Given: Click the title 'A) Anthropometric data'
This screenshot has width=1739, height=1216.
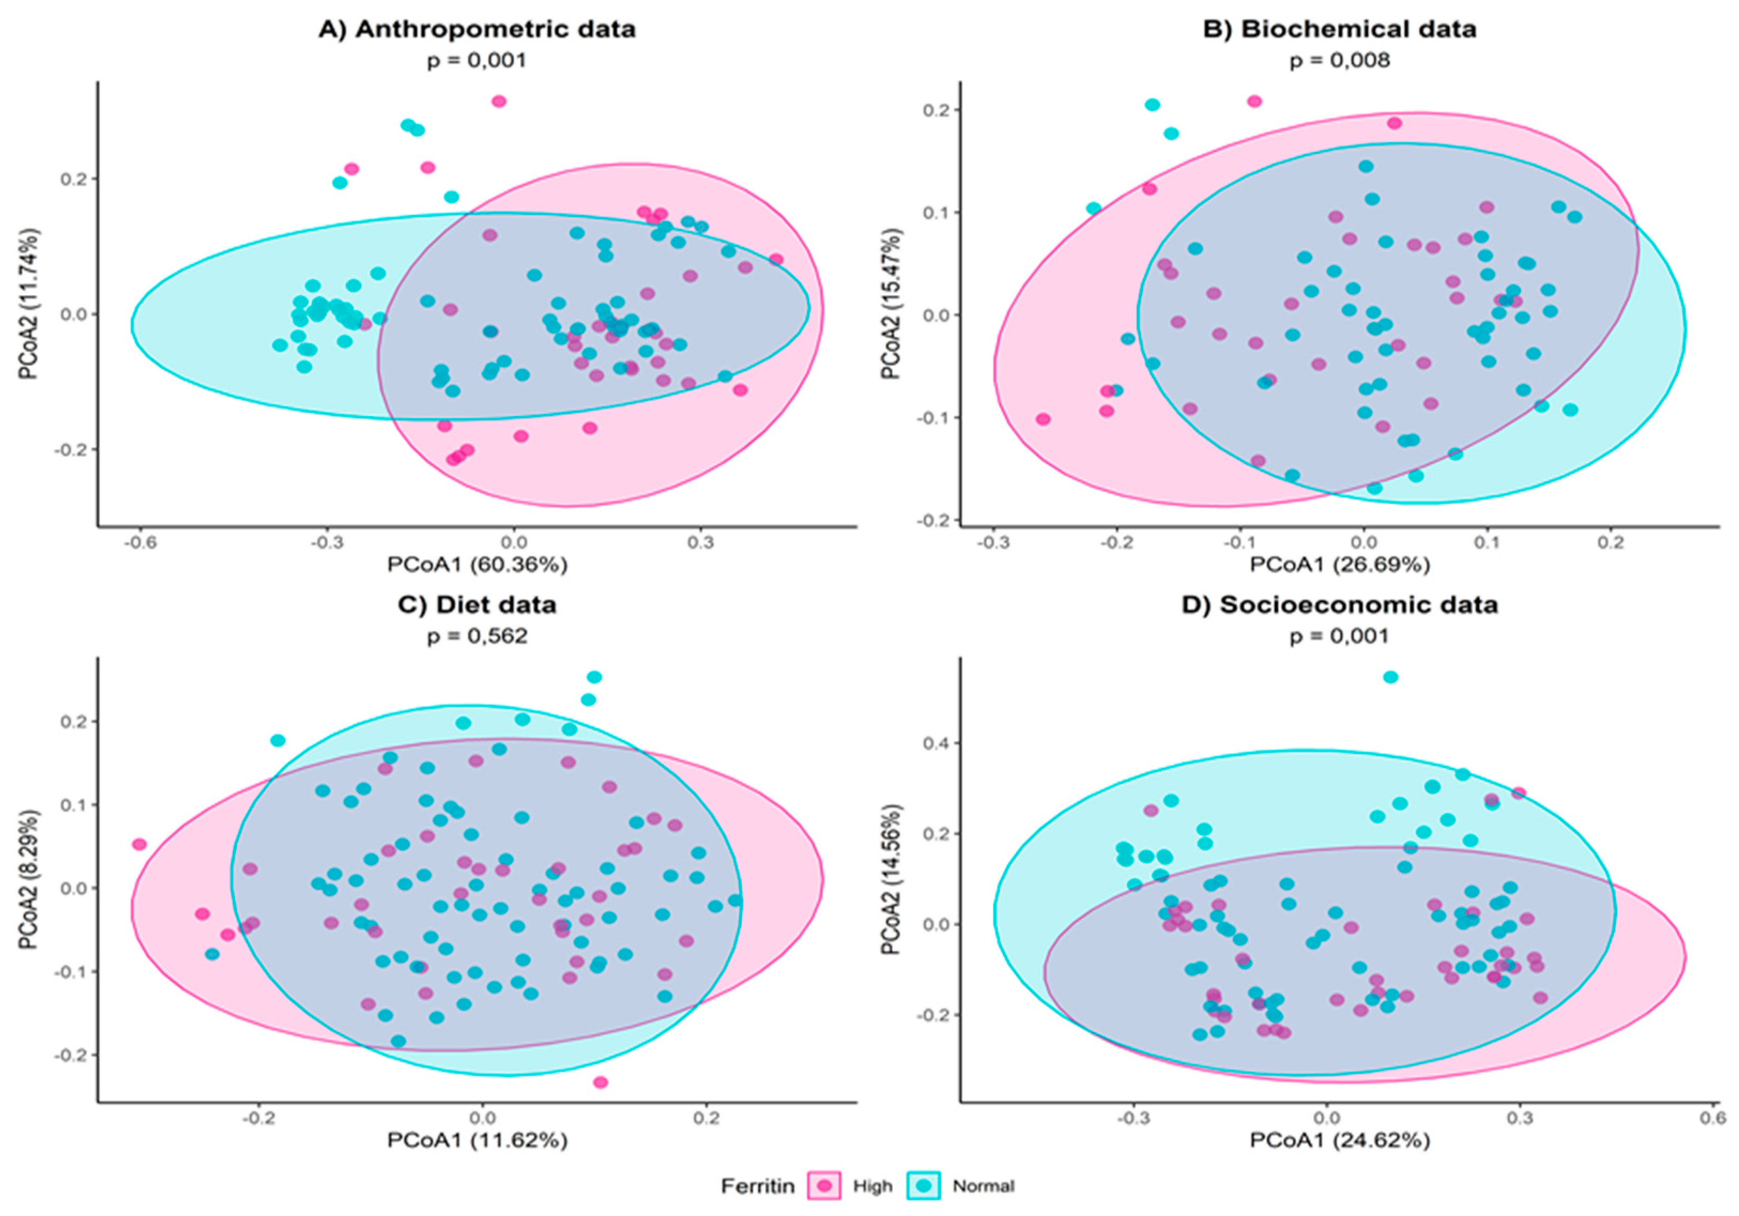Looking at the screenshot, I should coord(477,29).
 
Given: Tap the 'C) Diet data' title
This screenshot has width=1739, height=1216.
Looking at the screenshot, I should coord(477,605).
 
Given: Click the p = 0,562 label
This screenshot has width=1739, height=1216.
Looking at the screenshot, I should coord(477,636).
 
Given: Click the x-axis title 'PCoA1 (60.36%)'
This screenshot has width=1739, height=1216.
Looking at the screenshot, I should coord(477,564).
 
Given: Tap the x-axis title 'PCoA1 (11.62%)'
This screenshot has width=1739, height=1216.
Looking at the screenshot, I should coord(477,1140).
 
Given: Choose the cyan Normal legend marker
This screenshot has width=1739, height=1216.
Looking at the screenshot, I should coord(923,1185).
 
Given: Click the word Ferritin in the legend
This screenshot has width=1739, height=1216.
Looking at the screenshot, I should coord(757,1186).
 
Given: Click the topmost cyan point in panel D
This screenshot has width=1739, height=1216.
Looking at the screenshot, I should coord(1391,678).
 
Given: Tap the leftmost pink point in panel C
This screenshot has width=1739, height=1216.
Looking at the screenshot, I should coord(140,844).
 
